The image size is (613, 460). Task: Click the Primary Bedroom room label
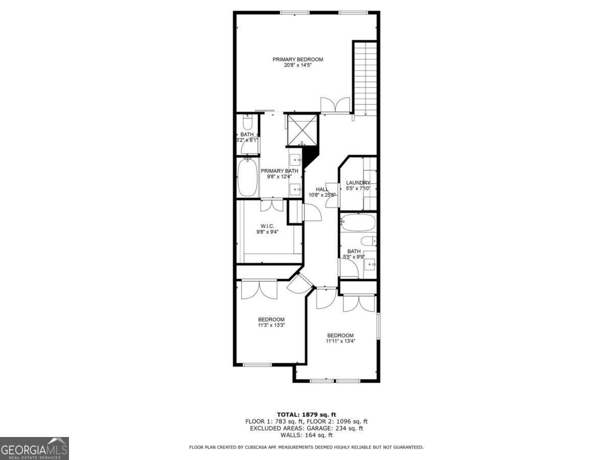pyautogui.click(x=297, y=59)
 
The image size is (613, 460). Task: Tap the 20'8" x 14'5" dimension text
pyautogui.click(x=297, y=65)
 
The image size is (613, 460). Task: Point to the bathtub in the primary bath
pyautogui.click(x=248, y=177)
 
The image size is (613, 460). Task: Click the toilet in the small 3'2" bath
pyautogui.click(x=247, y=123)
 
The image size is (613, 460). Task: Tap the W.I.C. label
pyautogui.click(x=267, y=225)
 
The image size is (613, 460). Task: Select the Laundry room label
pyautogui.click(x=358, y=182)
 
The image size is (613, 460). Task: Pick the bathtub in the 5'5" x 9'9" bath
pyautogui.click(x=358, y=223)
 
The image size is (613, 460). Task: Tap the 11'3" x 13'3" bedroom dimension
pyautogui.click(x=271, y=325)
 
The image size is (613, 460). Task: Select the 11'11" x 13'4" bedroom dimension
pyautogui.click(x=340, y=341)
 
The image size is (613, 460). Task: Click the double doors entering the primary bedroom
pyautogui.click(x=335, y=105)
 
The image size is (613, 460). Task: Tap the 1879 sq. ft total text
pyautogui.click(x=306, y=415)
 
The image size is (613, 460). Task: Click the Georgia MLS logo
pyautogui.click(x=34, y=448)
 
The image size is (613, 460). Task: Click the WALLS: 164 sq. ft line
pyautogui.click(x=306, y=435)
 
